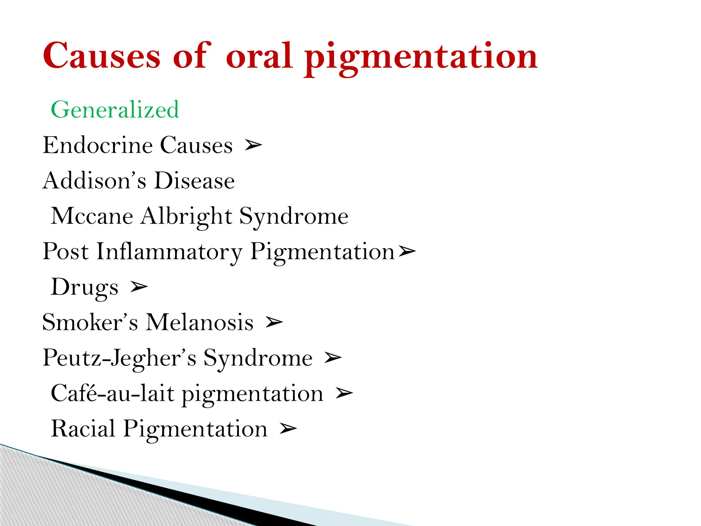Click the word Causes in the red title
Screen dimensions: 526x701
tap(101, 56)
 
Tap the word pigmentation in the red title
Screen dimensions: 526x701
tap(421, 57)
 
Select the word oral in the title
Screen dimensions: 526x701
tap(259, 56)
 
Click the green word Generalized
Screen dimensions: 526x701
tap(115, 110)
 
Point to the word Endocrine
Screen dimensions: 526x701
tap(98, 145)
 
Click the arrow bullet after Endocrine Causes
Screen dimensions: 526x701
tap(253, 146)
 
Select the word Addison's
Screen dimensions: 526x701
tap(94, 180)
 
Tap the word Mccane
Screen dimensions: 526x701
tap(92, 216)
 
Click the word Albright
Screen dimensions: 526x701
tap(187, 216)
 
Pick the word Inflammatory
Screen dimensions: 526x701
tap(169, 252)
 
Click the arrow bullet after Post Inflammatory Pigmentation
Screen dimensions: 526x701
tap(407, 252)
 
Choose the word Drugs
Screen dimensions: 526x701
tap(85, 287)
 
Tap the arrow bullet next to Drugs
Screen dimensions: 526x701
tap(139, 287)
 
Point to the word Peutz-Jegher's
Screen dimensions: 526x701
tap(119, 358)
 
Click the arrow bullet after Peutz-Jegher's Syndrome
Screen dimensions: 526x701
tap(333, 358)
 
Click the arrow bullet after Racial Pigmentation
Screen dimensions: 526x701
tap(288, 429)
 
